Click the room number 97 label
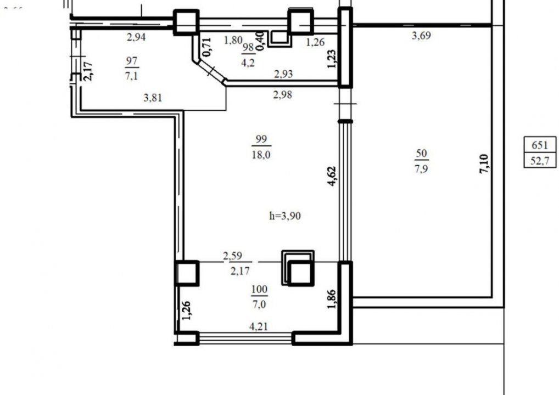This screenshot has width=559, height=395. [132, 61]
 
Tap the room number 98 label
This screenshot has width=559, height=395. [249, 47]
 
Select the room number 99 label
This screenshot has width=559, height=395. [261, 139]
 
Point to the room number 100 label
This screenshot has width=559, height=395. [259, 289]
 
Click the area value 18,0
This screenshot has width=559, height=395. [261, 155]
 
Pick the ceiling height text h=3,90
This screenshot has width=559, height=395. [285, 216]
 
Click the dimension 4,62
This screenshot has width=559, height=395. [332, 176]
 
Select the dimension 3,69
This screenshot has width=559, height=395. [421, 36]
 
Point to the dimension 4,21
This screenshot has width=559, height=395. [259, 326]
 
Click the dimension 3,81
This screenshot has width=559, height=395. [153, 97]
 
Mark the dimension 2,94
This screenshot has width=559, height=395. [136, 37]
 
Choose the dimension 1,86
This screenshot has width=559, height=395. [331, 299]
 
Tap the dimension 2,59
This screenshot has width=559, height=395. [232, 256]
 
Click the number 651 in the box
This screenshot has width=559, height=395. [540, 145]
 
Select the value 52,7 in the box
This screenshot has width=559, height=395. [540, 161]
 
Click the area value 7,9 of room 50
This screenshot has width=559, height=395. [421, 168]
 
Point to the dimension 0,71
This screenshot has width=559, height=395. [207, 47]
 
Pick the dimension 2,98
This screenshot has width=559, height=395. [283, 95]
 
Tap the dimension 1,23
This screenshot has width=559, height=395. [332, 59]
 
